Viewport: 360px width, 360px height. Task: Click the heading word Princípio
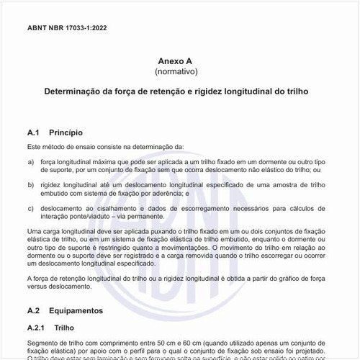point(66,133)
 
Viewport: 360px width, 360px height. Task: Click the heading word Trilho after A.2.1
point(64,327)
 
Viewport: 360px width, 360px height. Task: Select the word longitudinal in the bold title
point(255,94)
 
